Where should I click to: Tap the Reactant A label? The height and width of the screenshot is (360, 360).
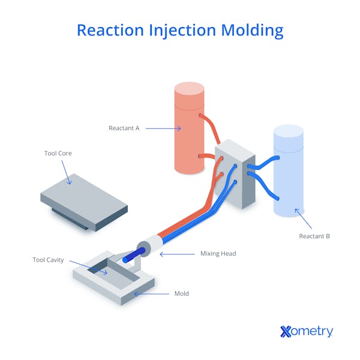point(124,128)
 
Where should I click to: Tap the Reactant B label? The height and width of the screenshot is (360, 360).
point(314,236)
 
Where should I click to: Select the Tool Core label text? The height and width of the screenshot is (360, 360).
point(58,154)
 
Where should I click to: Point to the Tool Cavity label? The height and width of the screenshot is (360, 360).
point(48,260)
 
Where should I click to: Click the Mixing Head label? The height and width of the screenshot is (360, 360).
point(218,254)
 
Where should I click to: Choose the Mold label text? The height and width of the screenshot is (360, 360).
point(181,293)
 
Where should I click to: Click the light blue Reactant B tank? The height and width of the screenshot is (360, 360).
point(288,174)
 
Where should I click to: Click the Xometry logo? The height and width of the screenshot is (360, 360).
point(306,331)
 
